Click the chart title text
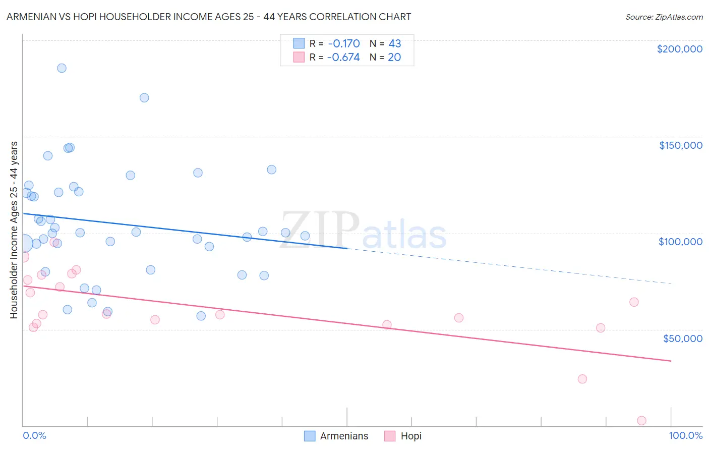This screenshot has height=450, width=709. pyautogui.click(x=209, y=17)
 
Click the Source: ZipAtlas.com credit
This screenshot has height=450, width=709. pyautogui.click(x=664, y=17)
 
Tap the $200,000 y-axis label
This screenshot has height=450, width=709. pyautogui.click(x=679, y=49)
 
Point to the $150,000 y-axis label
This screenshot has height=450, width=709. pyautogui.click(x=680, y=145)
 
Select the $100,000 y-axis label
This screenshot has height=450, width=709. pyautogui.click(x=680, y=242)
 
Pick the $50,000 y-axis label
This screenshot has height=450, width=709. pyautogui.click(x=682, y=339)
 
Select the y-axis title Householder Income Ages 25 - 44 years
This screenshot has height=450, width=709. pyautogui.click(x=14, y=230)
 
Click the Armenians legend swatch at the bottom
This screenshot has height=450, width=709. pyautogui.click(x=310, y=436)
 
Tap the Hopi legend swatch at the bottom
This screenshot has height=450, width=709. pyautogui.click(x=390, y=436)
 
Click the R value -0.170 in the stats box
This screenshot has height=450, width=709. pyautogui.click(x=343, y=44)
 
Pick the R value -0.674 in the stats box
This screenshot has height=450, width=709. pyautogui.click(x=343, y=58)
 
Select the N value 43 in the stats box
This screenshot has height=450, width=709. pyautogui.click(x=394, y=44)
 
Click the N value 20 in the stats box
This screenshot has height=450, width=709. pyautogui.click(x=394, y=58)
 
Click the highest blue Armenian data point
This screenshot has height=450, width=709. pyautogui.click(x=62, y=68)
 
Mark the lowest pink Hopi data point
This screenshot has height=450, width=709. pyautogui.click(x=641, y=421)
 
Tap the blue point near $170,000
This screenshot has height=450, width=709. pyautogui.click(x=144, y=98)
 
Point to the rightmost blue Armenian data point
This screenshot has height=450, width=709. pyautogui.click(x=305, y=236)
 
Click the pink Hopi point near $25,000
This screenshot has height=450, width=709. pyautogui.click(x=582, y=379)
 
